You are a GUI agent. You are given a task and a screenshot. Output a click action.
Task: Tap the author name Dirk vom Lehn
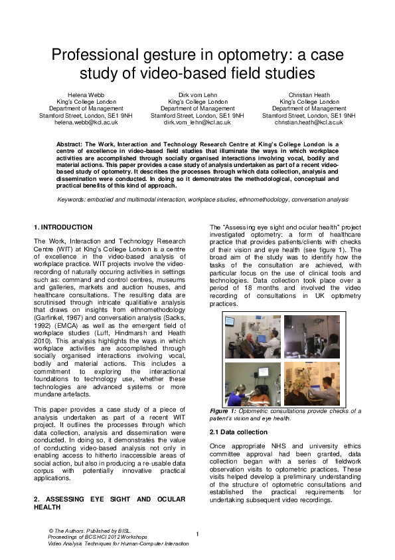point(197,95)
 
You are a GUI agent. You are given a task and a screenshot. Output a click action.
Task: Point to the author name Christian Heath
point(309,95)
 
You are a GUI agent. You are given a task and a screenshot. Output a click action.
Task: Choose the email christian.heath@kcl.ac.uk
point(309,122)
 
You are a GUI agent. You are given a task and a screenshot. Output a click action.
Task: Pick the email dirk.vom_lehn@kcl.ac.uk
point(197,122)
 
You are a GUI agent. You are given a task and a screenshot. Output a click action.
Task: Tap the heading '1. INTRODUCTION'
point(63,227)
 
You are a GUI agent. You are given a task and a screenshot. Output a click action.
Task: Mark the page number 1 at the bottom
point(197,534)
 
